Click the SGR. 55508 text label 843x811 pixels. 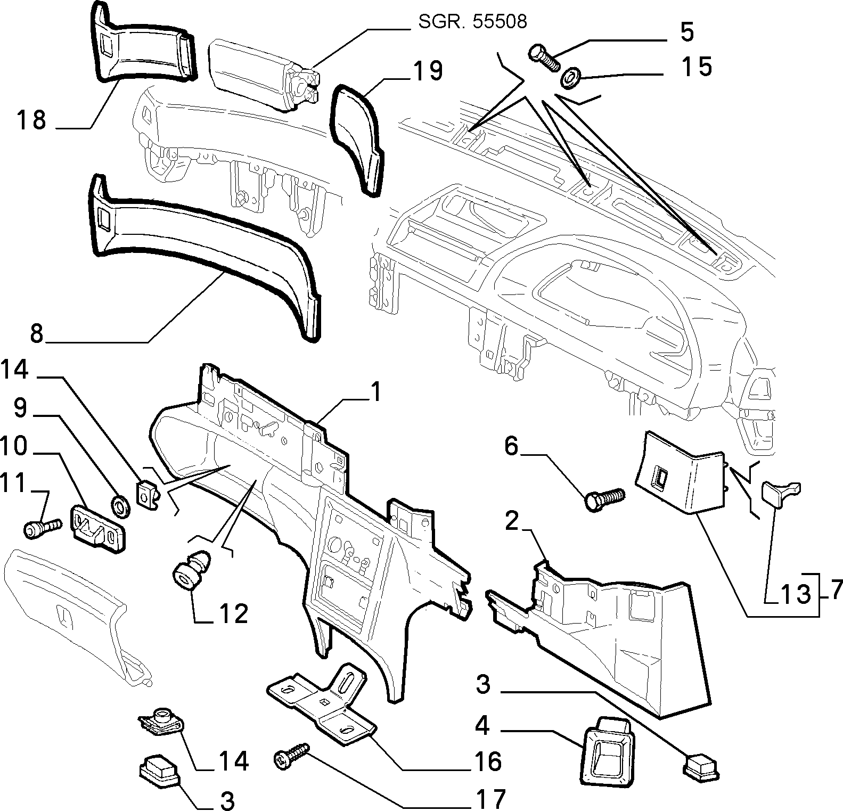tap(473, 22)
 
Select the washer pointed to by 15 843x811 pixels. tap(571, 78)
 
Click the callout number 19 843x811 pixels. tap(427, 71)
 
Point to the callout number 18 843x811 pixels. tap(32, 120)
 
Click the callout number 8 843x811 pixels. tap(36, 333)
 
